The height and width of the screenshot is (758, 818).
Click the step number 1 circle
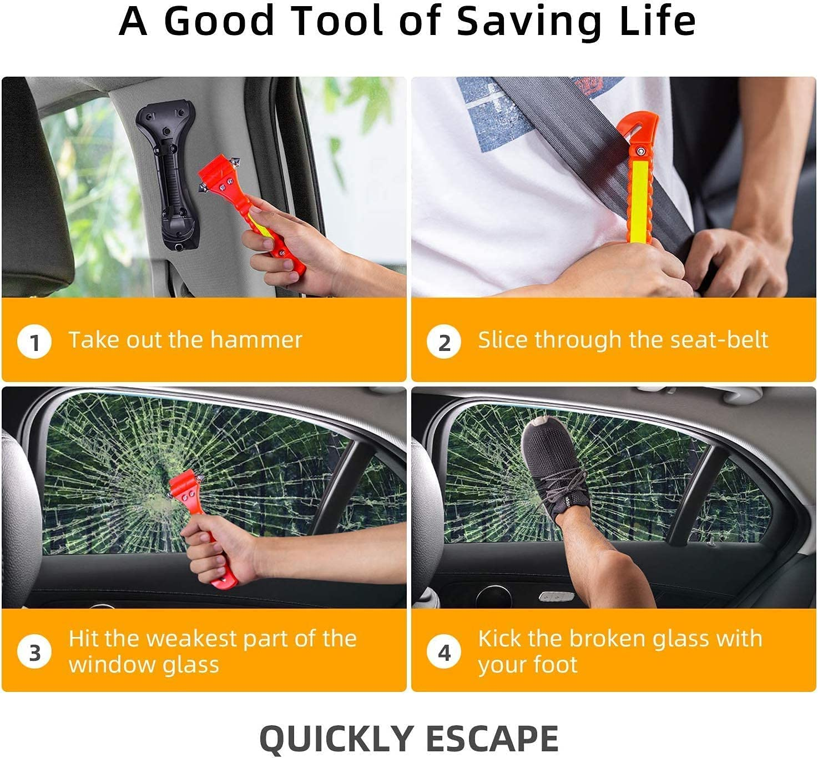tap(34, 342)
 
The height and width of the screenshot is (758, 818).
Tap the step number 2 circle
tap(444, 342)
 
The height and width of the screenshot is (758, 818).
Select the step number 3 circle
tap(34, 652)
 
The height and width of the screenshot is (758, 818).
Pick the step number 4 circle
tap(444, 652)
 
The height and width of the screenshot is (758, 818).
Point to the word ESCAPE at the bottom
tap(491, 739)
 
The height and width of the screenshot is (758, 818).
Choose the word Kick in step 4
tap(500, 639)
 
